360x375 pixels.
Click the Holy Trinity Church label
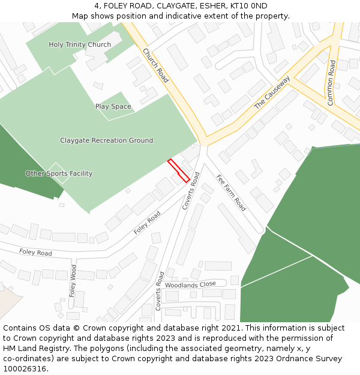80,44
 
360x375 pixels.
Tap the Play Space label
113,107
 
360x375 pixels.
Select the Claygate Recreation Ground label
106,140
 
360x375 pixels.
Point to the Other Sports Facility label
59,173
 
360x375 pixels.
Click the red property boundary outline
178,170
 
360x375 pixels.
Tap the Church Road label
155,65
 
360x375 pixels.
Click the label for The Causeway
272,92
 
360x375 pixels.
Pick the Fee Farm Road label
231,193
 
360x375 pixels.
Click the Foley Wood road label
73,281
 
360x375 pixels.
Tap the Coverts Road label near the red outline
191,191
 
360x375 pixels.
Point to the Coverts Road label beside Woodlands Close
160,291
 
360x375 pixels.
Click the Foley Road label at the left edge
35,253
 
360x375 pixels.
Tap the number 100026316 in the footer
25,369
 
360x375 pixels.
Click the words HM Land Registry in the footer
34,349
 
